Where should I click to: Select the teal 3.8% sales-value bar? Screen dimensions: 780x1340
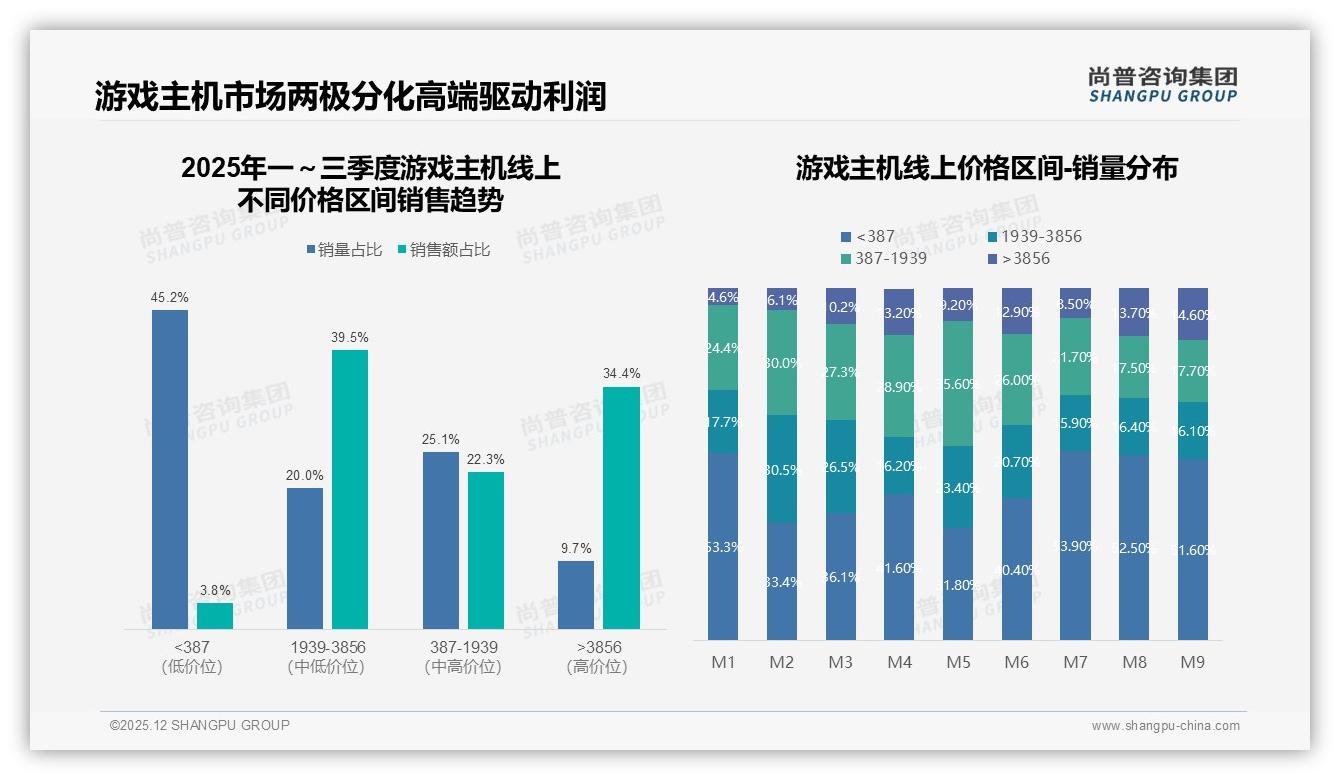(215, 616)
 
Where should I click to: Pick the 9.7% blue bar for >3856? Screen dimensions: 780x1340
(576, 595)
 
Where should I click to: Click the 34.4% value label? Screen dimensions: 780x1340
(621, 374)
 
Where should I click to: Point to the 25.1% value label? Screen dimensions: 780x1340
(441, 439)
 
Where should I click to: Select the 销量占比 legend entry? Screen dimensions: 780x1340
(345, 250)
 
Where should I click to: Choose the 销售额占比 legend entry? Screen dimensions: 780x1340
(444, 250)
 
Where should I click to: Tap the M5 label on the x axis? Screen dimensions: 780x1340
(958, 663)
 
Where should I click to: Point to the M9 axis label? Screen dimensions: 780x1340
(1193, 663)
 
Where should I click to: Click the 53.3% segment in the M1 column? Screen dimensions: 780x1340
(722, 546)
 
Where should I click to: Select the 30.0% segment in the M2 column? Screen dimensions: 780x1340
(782, 362)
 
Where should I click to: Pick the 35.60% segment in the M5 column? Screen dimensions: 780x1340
(958, 383)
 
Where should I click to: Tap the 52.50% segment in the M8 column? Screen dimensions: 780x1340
(1135, 547)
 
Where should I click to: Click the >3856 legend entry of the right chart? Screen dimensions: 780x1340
(1020, 259)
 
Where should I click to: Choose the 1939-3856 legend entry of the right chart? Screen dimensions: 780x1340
(1034, 237)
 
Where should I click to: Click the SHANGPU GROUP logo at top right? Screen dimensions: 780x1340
(1163, 85)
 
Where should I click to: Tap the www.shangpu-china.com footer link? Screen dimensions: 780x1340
(1165, 726)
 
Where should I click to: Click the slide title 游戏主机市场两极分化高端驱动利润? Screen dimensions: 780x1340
(351, 97)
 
